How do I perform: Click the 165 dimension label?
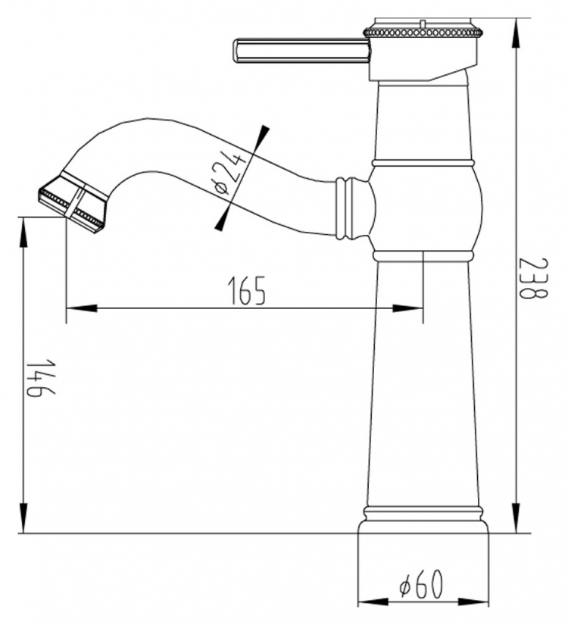(246, 290)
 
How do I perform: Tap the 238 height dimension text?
(533, 279)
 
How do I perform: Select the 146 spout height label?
(41, 377)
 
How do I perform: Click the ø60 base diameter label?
(421, 584)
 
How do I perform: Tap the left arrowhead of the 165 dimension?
(81, 308)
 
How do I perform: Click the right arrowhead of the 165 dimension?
(407, 308)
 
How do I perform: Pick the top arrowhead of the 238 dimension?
(517, 33)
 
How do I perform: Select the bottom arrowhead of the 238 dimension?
(517, 517)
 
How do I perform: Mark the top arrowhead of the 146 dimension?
(24, 233)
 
